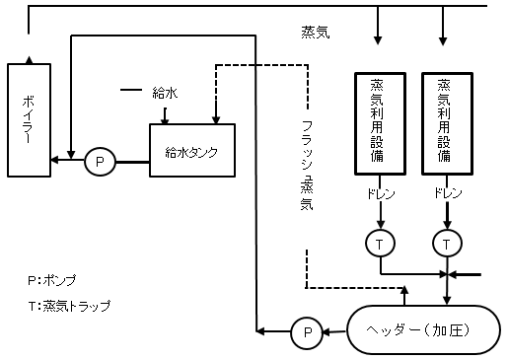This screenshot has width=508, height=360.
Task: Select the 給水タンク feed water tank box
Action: [191, 151]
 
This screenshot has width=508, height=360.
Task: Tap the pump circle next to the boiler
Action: [100, 161]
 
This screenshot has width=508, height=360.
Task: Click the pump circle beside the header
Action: [307, 332]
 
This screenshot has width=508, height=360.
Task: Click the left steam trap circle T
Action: [380, 242]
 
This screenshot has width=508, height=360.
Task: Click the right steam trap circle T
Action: [447, 242]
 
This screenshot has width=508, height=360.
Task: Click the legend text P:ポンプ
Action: [52, 279]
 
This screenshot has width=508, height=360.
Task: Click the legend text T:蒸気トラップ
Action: [69, 306]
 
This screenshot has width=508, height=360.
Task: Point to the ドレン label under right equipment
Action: [448, 194]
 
